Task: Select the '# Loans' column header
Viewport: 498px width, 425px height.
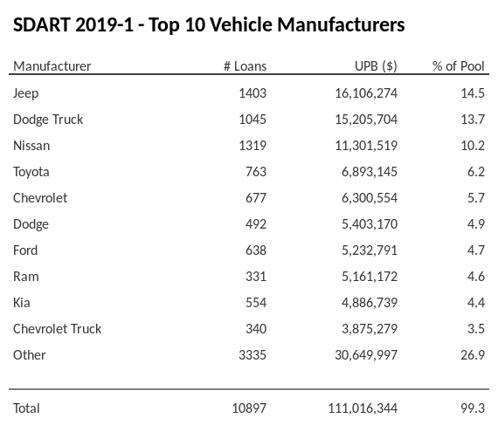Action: tap(246, 66)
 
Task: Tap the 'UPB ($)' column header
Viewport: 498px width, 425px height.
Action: tap(377, 66)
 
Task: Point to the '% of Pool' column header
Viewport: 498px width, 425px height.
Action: tap(459, 66)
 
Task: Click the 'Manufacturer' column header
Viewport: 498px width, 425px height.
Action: tap(52, 66)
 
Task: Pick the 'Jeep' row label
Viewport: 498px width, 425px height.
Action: tap(26, 93)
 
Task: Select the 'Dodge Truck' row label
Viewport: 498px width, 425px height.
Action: tap(48, 119)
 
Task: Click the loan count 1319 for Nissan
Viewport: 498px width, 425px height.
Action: tap(252, 145)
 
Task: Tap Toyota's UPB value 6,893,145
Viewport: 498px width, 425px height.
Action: tap(369, 171)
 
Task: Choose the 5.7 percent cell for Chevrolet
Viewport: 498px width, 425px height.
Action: tap(475, 197)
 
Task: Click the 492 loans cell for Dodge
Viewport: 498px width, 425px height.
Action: tap(255, 223)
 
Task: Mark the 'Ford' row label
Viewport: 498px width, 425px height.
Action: tap(26, 250)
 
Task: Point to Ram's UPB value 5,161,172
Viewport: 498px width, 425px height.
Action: tap(369, 276)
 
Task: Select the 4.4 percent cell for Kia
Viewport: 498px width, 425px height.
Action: tap(475, 302)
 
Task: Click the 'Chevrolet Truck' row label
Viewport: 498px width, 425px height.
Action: tap(58, 328)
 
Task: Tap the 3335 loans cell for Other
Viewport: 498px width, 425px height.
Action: tap(252, 354)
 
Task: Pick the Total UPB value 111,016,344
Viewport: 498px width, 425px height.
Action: tap(362, 408)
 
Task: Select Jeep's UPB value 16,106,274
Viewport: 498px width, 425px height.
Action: tap(365, 93)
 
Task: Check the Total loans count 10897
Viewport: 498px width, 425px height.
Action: tap(248, 408)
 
